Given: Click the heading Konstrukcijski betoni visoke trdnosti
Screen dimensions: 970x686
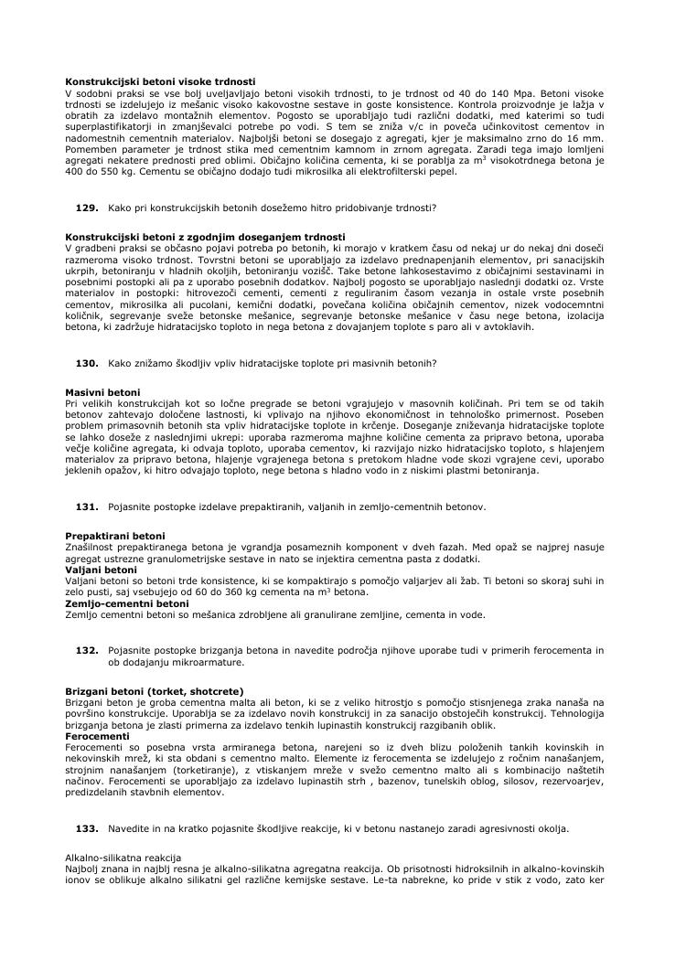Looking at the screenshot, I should (160, 82).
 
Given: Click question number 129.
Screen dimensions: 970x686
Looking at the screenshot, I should (87, 208).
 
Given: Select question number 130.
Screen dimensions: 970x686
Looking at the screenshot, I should (87, 363).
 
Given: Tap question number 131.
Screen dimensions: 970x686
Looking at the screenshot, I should (87, 506).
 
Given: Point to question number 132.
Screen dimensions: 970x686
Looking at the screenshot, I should (87, 649).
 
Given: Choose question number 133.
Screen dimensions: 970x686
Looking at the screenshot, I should (87, 828).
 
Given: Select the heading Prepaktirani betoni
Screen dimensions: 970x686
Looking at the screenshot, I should (115, 535).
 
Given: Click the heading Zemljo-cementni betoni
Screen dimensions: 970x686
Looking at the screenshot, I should (127, 603).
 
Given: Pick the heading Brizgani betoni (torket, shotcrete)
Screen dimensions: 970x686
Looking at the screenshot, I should (155, 690).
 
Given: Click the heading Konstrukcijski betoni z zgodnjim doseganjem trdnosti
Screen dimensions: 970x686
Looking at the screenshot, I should (205, 237).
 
